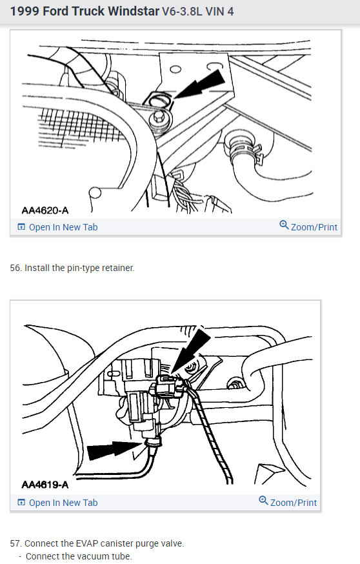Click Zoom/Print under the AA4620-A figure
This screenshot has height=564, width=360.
click(x=314, y=227)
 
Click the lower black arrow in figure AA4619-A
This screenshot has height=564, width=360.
click(x=113, y=450)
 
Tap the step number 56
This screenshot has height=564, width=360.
click(x=15, y=268)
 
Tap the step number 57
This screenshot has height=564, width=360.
click(x=15, y=543)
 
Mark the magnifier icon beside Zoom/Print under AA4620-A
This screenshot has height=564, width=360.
click(x=284, y=225)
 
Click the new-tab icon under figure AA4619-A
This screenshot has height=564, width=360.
click(x=21, y=503)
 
